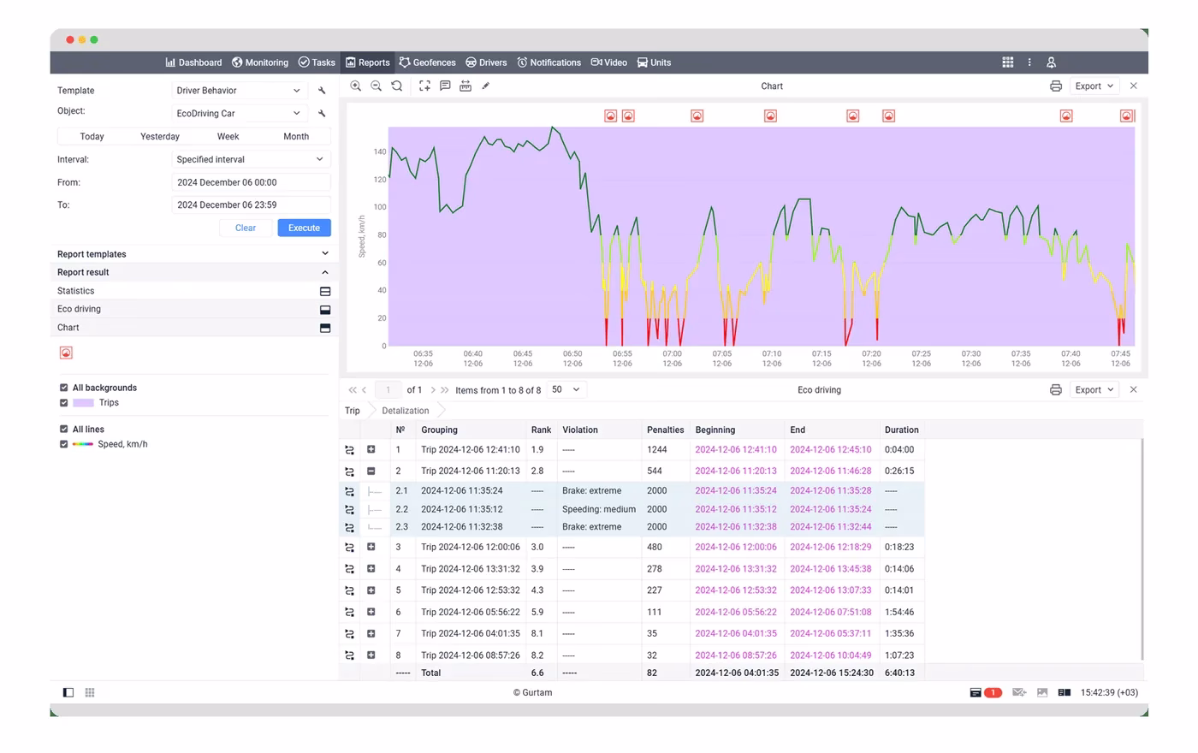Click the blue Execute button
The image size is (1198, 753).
tap(304, 228)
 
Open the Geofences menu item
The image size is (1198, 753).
tap(427, 62)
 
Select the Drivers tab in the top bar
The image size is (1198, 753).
tap(486, 62)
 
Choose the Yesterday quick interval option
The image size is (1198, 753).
tap(159, 136)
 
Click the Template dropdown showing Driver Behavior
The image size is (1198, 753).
tap(239, 91)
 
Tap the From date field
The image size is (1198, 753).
tap(250, 182)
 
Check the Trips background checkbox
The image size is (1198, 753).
tap(63, 403)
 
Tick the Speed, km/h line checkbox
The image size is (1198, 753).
tap(63, 444)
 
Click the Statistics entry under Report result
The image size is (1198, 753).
tap(75, 291)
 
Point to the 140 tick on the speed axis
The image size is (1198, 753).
tap(380, 152)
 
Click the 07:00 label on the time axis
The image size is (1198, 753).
tap(672, 353)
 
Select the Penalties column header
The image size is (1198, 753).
tap(665, 430)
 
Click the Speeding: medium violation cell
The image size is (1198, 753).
tap(598, 509)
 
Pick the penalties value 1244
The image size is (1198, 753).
tap(657, 450)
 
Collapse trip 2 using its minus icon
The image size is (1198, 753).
tap(371, 471)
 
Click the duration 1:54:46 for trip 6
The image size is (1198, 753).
tap(899, 612)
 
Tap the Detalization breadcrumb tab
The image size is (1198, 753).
tap(405, 411)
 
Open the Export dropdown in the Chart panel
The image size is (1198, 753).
tap(1094, 86)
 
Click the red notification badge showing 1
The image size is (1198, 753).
tap(993, 692)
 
